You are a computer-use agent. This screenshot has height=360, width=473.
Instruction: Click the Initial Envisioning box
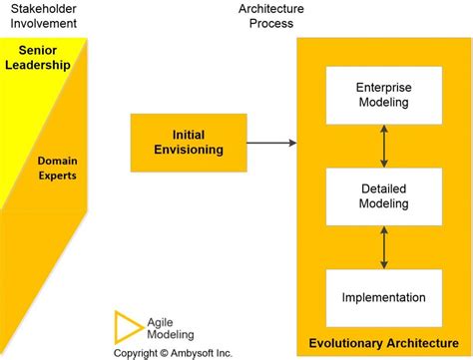(x=189, y=143)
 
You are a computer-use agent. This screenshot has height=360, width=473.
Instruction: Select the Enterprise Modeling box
(x=383, y=96)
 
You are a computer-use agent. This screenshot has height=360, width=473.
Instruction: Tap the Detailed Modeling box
(x=383, y=195)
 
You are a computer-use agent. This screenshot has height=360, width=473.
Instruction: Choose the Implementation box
(x=383, y=297)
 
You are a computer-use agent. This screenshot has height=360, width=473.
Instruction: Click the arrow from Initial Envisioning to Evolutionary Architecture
(x=270, y=143)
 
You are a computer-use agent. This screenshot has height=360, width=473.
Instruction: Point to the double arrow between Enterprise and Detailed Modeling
(x=384, y=147)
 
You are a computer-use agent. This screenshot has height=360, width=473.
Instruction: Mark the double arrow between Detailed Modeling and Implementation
(x=384, y=246)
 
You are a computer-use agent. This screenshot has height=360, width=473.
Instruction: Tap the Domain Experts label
(x=57, y=168)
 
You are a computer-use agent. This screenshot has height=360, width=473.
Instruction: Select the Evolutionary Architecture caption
(x=384, y=343)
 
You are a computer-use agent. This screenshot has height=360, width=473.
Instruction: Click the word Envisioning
(x=189, y=151)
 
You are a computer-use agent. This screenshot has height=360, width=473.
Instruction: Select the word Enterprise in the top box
(x=383, y=88)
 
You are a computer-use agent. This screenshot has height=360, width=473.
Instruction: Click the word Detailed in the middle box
(x=383, y=187)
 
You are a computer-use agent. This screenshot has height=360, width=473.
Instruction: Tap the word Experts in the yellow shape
(x=58, y=176)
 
